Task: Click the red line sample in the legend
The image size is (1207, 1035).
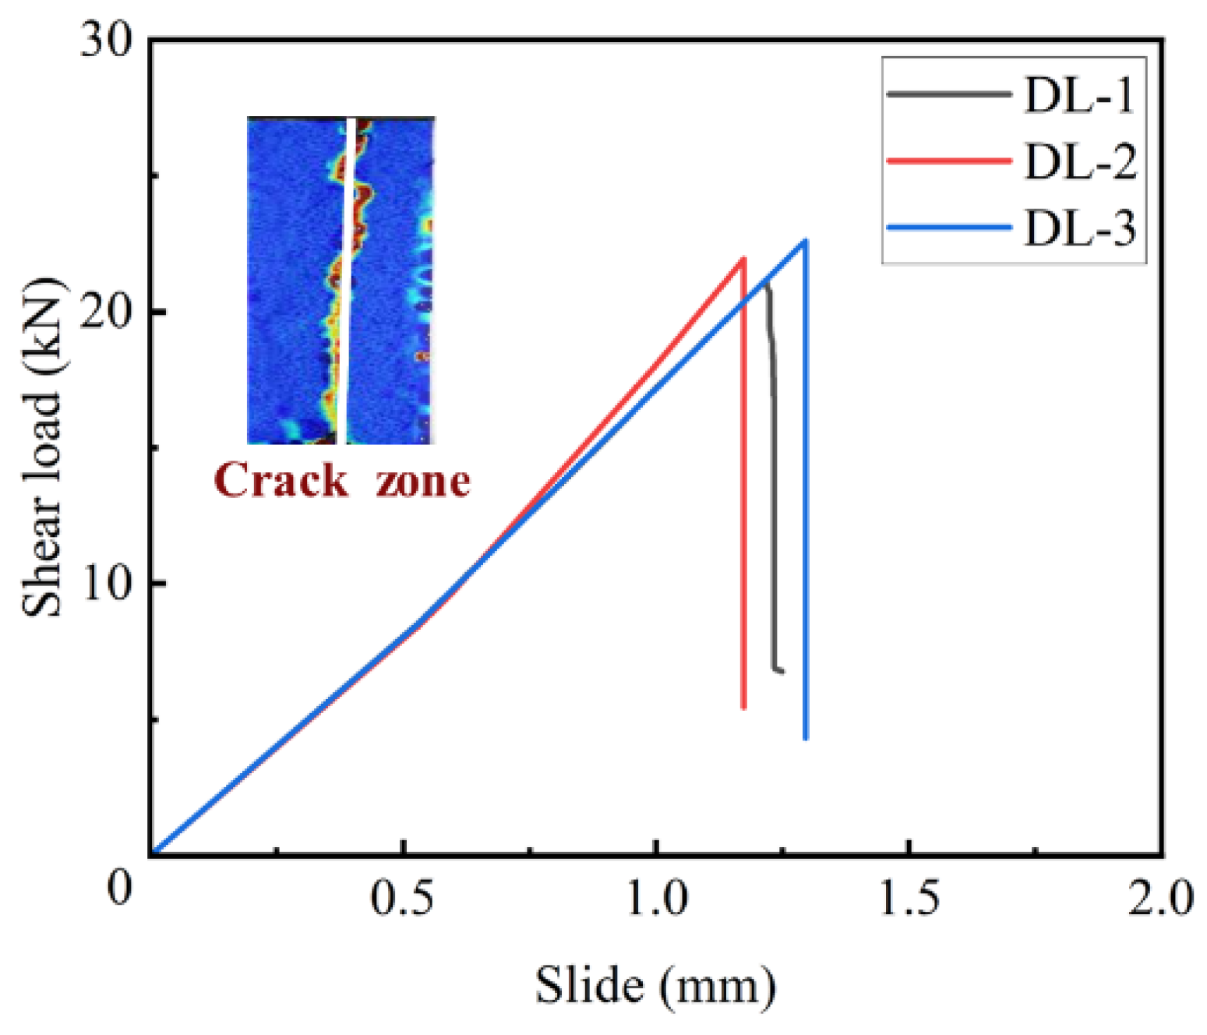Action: (948, 161)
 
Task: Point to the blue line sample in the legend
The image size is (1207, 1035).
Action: (948, 228)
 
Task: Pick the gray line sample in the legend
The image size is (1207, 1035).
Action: (948, 94)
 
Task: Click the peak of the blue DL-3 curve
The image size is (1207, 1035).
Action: (805, 241)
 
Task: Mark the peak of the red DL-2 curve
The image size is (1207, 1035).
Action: (744, 258)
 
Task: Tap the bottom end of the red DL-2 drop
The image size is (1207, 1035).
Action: (744, 707)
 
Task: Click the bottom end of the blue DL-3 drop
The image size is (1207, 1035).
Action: (805, 737)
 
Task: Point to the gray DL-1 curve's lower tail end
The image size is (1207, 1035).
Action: (782, 670)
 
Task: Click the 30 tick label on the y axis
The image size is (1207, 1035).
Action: (108, 41)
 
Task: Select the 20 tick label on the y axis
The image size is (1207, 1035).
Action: (108, 312)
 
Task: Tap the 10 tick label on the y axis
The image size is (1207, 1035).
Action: (108, 584)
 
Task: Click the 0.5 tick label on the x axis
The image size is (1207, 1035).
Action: (401, 899)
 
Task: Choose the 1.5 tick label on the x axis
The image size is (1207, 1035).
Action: (909, 899)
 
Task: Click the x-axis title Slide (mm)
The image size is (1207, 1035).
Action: (655, 985)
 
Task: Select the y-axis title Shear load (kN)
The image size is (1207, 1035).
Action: (42, 447)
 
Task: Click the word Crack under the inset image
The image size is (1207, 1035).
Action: (281, 480)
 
